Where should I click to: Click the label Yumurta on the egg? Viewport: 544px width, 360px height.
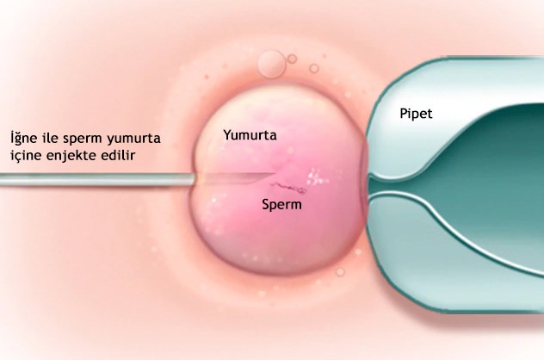click(x=250, y=135)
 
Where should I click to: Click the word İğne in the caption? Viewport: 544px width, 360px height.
click(x=25, y=138)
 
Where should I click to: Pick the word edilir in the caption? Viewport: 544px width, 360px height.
click(x=124, y=156)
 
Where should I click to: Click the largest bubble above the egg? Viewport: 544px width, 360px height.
click(x=273, y=63)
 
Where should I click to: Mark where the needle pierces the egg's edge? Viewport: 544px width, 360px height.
click(x=195, y=179)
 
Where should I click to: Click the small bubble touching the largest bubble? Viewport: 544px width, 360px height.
click(x=292, y=58)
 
